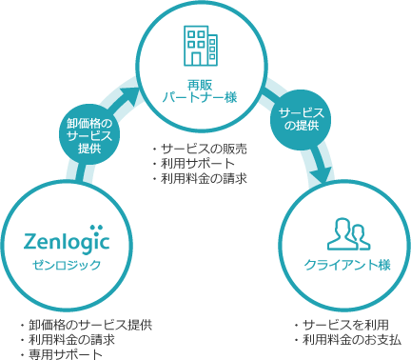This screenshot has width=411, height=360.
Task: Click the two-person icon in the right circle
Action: (346, 231)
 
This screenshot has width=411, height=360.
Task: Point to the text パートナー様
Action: (199, 98)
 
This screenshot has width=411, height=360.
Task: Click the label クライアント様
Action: (346, 265)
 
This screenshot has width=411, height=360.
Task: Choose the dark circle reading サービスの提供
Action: (304, 119)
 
